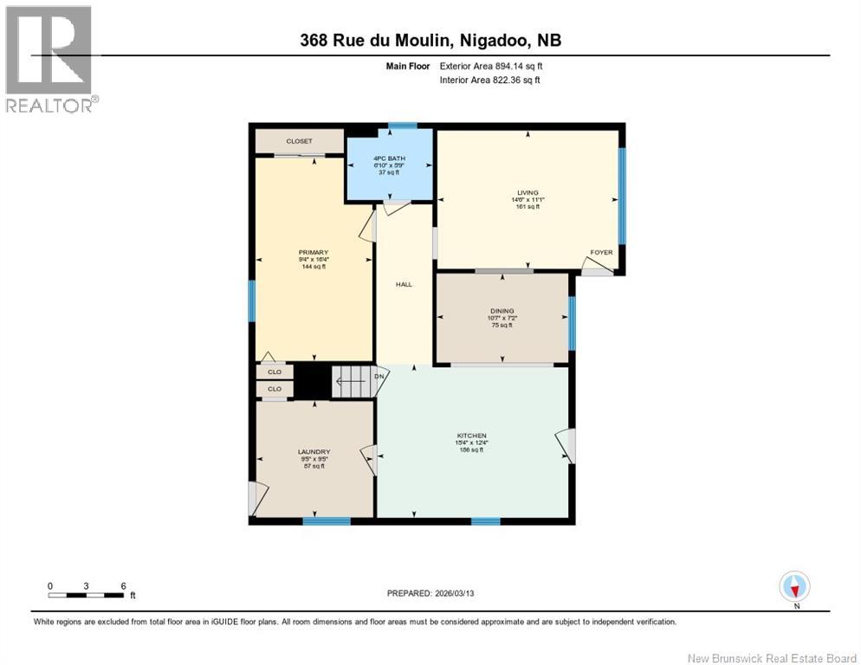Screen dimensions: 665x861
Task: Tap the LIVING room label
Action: pos(527,192)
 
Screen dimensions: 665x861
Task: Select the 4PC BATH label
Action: pos(389,158)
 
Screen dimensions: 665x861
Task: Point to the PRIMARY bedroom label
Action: pos(313,253)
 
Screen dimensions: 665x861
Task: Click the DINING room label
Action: pos(502,311)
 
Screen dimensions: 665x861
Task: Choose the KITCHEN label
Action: pos(472,436)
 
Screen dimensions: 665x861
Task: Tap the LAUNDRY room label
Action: pos(314,452)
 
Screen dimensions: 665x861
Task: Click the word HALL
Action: pos(405,285)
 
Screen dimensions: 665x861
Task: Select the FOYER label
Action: pos(601,253)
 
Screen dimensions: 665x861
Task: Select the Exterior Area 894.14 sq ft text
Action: pos(491,66)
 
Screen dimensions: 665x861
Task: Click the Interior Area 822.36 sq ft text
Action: pos(490,81)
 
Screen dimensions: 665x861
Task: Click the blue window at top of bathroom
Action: pos(402,126)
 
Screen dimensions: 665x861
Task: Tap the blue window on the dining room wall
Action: pos(572,323)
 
